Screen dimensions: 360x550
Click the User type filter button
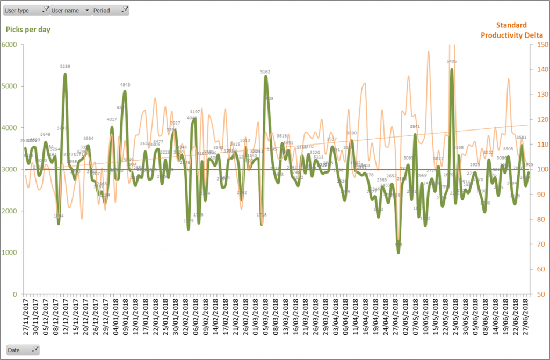26,10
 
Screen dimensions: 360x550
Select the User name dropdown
70,10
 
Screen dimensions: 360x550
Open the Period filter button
111,10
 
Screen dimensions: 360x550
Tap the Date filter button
23,350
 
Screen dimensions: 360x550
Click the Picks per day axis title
28,30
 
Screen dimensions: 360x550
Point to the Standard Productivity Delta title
511,30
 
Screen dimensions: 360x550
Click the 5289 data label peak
65,67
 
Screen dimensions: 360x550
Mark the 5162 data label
265,71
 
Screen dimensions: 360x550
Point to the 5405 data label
452,62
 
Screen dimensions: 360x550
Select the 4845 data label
125,85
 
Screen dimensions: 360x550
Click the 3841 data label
415,127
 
